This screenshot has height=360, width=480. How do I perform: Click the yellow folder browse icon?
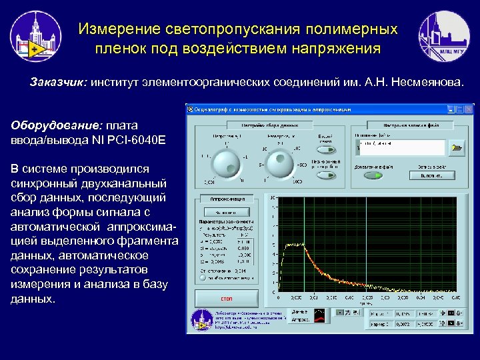[x=457, y=147]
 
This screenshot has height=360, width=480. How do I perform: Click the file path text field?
[x=401, y=147]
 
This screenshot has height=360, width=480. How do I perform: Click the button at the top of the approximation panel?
[x=226, y=212]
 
